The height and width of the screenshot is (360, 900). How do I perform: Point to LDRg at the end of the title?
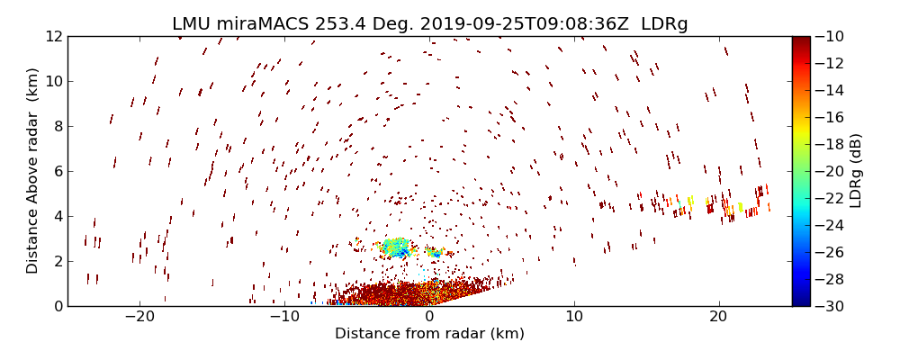tap(664, 24)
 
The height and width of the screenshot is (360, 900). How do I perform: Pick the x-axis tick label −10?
tap(284, 318)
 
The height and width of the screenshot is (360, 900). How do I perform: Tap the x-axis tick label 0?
tap(429, 318)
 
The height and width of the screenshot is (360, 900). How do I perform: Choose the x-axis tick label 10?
tap(574, 318)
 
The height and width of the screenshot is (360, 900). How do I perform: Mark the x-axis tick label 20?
tap(718, 318)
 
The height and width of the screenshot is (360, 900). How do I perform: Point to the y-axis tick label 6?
tap(58, 171)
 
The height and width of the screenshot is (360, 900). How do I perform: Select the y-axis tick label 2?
tap(58, 261)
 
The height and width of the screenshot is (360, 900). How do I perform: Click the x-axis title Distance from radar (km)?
tap(429, 334)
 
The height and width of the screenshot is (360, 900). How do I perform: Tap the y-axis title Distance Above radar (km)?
tap(33, 171)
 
